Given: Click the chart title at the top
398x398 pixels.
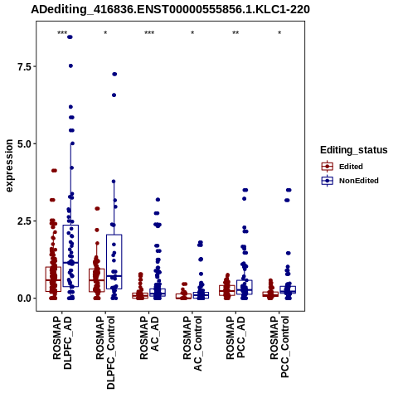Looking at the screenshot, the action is tap(170, 10).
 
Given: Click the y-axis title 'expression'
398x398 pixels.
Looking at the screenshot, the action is tap(9, 166).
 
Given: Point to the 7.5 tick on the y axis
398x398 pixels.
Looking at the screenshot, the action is tap(23, 66).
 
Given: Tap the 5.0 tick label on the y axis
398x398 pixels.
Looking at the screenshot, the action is tap(23, 144).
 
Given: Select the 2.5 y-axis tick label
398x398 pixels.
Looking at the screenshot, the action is tap(23, 221).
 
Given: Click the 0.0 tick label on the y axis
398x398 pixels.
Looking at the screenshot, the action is tap(23, 298).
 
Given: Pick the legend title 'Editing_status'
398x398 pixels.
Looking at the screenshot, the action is tap(354, 150).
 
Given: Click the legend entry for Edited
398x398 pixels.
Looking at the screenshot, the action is tap(342, 167).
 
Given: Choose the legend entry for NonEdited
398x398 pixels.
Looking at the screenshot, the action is tap(350, 181).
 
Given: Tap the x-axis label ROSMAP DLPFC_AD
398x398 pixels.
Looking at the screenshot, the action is tap(62, 342).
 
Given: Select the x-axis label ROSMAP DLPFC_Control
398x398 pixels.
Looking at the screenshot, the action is tap(105, 352).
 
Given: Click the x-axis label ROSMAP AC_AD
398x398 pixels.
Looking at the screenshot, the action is tap(149, 337).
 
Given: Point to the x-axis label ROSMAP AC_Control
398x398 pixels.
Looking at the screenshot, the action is tap(192, 343).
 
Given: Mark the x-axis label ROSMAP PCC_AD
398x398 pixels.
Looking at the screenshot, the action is tap(235, 337).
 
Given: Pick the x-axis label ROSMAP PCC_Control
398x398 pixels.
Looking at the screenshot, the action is tap(279, 347).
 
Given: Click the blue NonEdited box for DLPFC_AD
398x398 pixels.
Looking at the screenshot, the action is tap(70, 255).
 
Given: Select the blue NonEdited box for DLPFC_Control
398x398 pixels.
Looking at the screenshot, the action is tap(114, 262).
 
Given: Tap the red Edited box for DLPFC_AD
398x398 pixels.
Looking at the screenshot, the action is tap(53, 279).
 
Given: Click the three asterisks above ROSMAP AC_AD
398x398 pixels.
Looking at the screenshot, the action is tap(149, 33).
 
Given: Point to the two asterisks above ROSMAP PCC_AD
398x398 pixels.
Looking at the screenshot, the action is tap(235, 33).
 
